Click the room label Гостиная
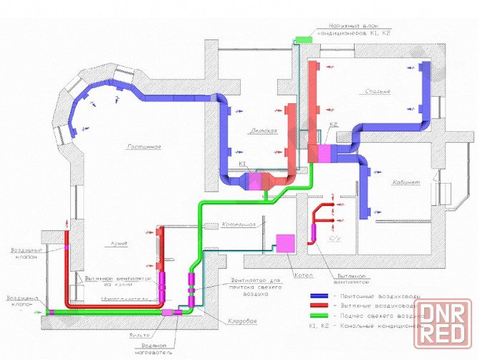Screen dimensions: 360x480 (x=143, y=147)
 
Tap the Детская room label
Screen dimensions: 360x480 (x=263, y=131)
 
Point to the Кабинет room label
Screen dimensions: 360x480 (x=385, y=182)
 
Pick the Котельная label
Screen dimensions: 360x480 (x=239, y=224)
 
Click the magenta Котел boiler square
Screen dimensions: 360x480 (x=286, y=243)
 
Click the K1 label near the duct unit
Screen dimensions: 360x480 (x=243, y=165)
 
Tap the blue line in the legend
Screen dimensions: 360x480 (x=318, y=295)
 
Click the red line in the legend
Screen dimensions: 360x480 (x=318, y=305)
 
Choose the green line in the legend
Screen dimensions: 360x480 (x=318, y=315)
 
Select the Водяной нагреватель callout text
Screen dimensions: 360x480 (x=158, y=348)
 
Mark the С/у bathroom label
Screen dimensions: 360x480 (x=334, y=238)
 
